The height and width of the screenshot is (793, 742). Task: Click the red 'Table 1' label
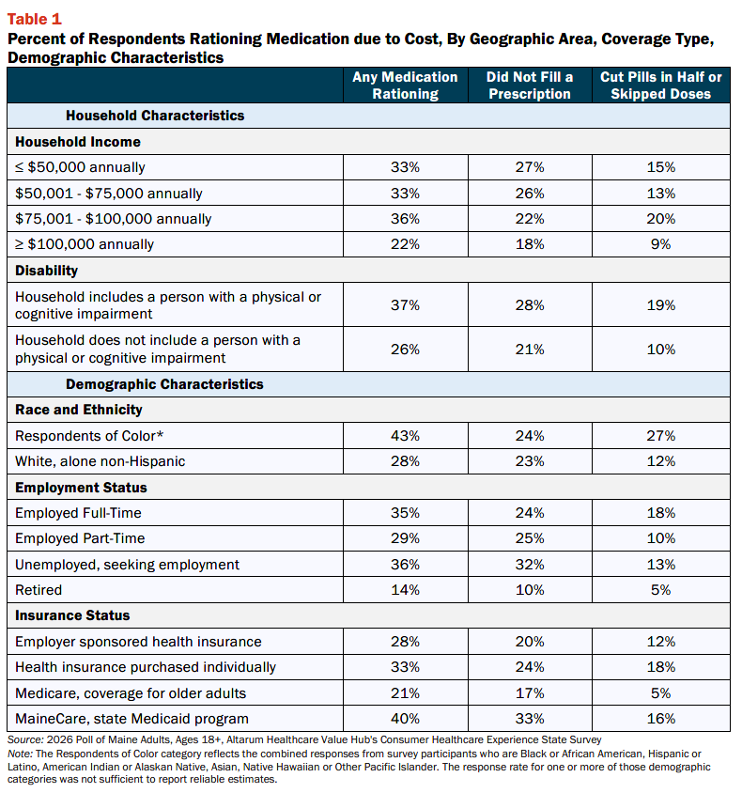[35, 19]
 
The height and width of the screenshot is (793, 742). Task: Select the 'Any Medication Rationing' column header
[405, 86]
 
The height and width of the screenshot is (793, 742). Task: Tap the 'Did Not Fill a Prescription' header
[530, 86]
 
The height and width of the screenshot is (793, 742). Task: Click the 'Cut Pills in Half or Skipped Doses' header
[660, 86]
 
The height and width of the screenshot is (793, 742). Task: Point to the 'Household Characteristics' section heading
[155, 116]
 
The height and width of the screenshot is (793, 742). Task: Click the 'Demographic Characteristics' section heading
[164, 384]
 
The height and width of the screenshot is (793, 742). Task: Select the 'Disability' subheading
[47, 271]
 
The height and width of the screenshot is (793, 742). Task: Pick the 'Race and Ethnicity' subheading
[79, 410]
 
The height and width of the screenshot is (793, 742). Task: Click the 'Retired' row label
[39, 590]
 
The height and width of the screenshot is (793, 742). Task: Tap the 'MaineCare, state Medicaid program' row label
[131, 719]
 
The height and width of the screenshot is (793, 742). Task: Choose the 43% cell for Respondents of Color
[405, 436]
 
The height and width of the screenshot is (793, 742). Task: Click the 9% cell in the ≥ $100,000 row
[660, 244]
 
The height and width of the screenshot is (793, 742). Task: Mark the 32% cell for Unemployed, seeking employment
[530, 565]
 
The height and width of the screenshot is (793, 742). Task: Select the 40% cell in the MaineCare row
[405, 719]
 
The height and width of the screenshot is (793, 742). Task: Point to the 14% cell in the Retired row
[405, 590]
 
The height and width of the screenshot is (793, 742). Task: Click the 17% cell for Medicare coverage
[530, 692]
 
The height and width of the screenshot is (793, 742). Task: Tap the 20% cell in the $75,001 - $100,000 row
[660, 219]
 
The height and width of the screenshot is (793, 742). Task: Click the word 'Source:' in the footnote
[25, 739]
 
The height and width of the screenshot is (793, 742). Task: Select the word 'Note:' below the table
[21, 754]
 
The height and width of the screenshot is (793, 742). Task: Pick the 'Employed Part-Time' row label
[80, 538]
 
